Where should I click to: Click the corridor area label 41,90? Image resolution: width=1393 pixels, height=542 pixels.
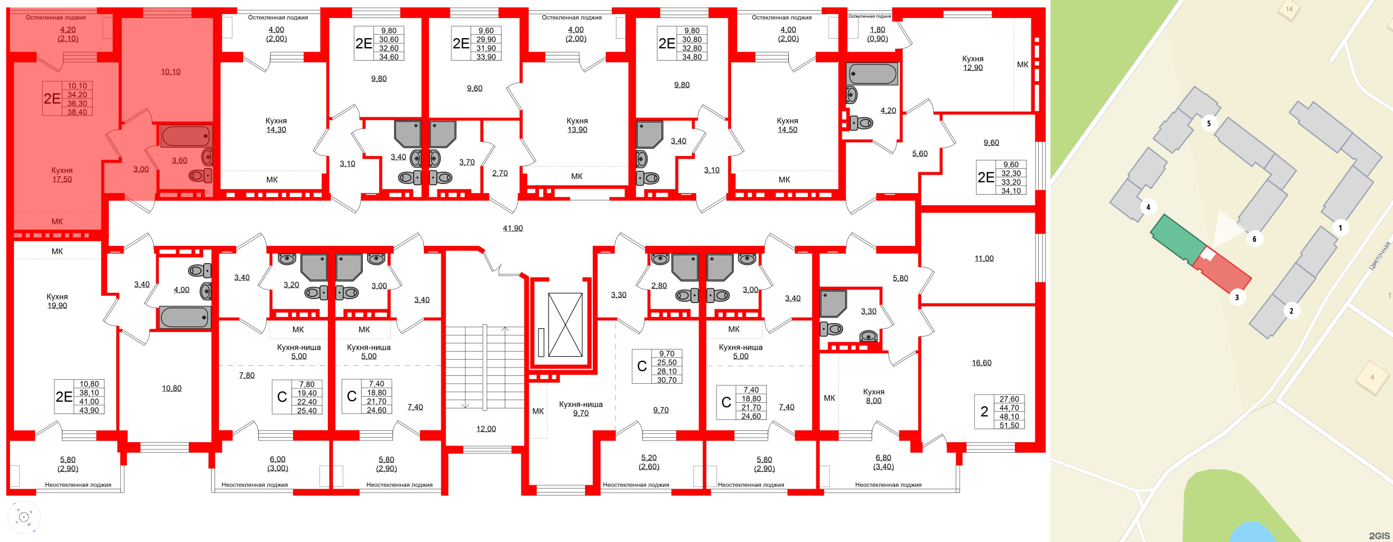(513, 228)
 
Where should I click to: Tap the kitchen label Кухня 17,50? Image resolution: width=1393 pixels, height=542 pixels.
(62, 174)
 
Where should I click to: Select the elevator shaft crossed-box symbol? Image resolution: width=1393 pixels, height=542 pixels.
(565, 324)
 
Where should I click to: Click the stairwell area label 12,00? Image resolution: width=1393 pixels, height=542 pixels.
(486, 429)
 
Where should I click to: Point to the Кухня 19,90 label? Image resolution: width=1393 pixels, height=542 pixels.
(57, 301)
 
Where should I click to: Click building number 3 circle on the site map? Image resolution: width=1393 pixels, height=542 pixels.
(1237, 297)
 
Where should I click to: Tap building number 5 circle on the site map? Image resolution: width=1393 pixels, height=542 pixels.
(1209, 123)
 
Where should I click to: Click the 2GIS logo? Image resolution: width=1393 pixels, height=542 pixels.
(1379, 536)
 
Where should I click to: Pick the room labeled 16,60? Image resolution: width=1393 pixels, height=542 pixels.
(981, 363)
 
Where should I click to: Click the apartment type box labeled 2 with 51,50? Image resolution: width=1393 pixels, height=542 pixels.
(999, 412)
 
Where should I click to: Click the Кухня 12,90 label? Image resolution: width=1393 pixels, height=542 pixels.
(972, 63)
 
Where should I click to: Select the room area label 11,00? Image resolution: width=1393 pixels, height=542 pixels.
(984, 259)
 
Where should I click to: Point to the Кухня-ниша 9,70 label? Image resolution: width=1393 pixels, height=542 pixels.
(581, 408)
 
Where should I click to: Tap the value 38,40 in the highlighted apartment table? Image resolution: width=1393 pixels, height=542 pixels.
(77, 112)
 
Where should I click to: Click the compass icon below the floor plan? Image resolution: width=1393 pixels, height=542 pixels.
(24, 517)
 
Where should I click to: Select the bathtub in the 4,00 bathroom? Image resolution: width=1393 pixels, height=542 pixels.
(185, 318)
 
